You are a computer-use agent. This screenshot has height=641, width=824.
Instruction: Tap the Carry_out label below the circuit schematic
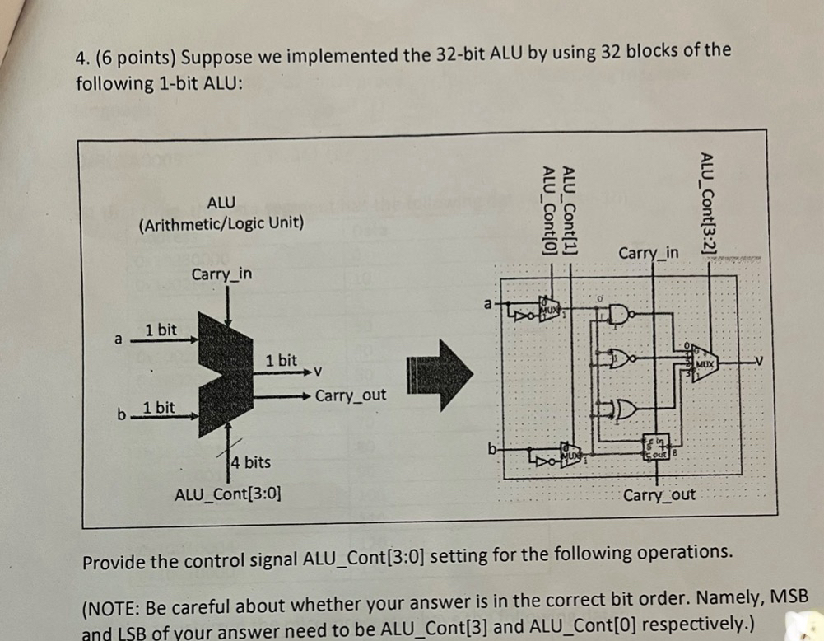(x=659, y=495)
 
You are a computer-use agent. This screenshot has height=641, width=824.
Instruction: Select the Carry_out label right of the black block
(x=350, y=395)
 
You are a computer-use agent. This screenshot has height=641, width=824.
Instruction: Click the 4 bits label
(x=250, y=462)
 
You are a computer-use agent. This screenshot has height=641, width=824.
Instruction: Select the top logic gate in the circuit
(x=619, y=315)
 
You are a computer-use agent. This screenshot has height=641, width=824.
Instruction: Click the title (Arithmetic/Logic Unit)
(x=221, y=223)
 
